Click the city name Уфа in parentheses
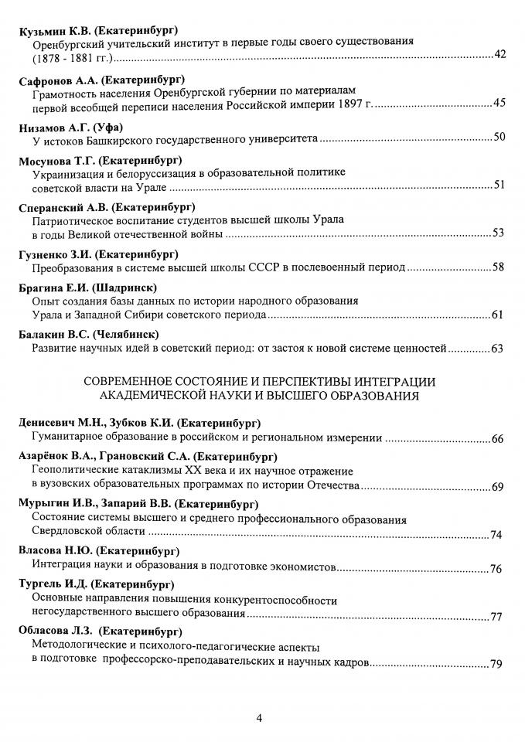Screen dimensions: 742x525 click(110, 128)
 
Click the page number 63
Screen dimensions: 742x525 click(498, 349)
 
